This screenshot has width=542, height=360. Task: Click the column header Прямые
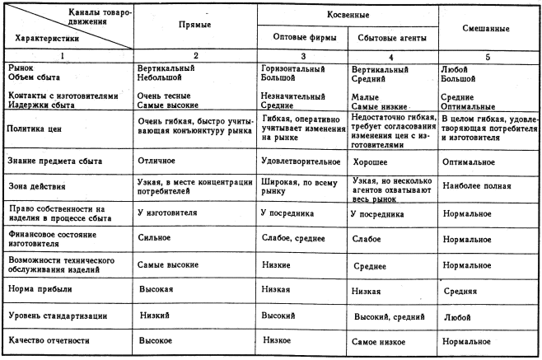(195, 26)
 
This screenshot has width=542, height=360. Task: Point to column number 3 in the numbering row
(301, 57)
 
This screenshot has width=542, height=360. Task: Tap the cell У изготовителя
(170, 213)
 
